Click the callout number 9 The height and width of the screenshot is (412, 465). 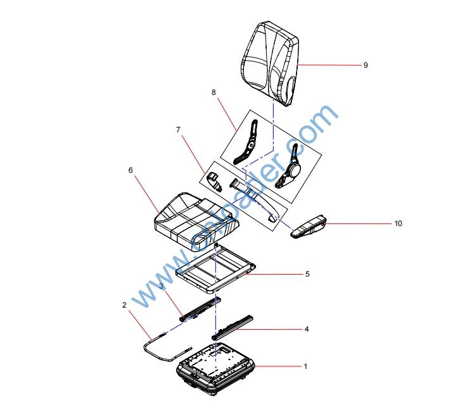366,65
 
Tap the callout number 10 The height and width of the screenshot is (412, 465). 398,223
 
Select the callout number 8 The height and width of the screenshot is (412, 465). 213,92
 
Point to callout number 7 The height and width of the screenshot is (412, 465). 178,130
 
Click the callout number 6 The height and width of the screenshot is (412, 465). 131,170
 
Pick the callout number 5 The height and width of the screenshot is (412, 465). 307,274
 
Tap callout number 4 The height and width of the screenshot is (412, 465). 307,329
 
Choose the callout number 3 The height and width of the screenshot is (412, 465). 161,286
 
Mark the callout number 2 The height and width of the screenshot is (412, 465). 124,305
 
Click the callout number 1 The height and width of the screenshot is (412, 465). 305,366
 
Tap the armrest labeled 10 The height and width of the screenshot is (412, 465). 309,227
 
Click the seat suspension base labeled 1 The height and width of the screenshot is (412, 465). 216,369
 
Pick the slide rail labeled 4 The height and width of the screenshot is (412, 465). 232,327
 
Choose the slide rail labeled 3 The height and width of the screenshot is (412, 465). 200,309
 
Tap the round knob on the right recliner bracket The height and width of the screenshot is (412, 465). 295,170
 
